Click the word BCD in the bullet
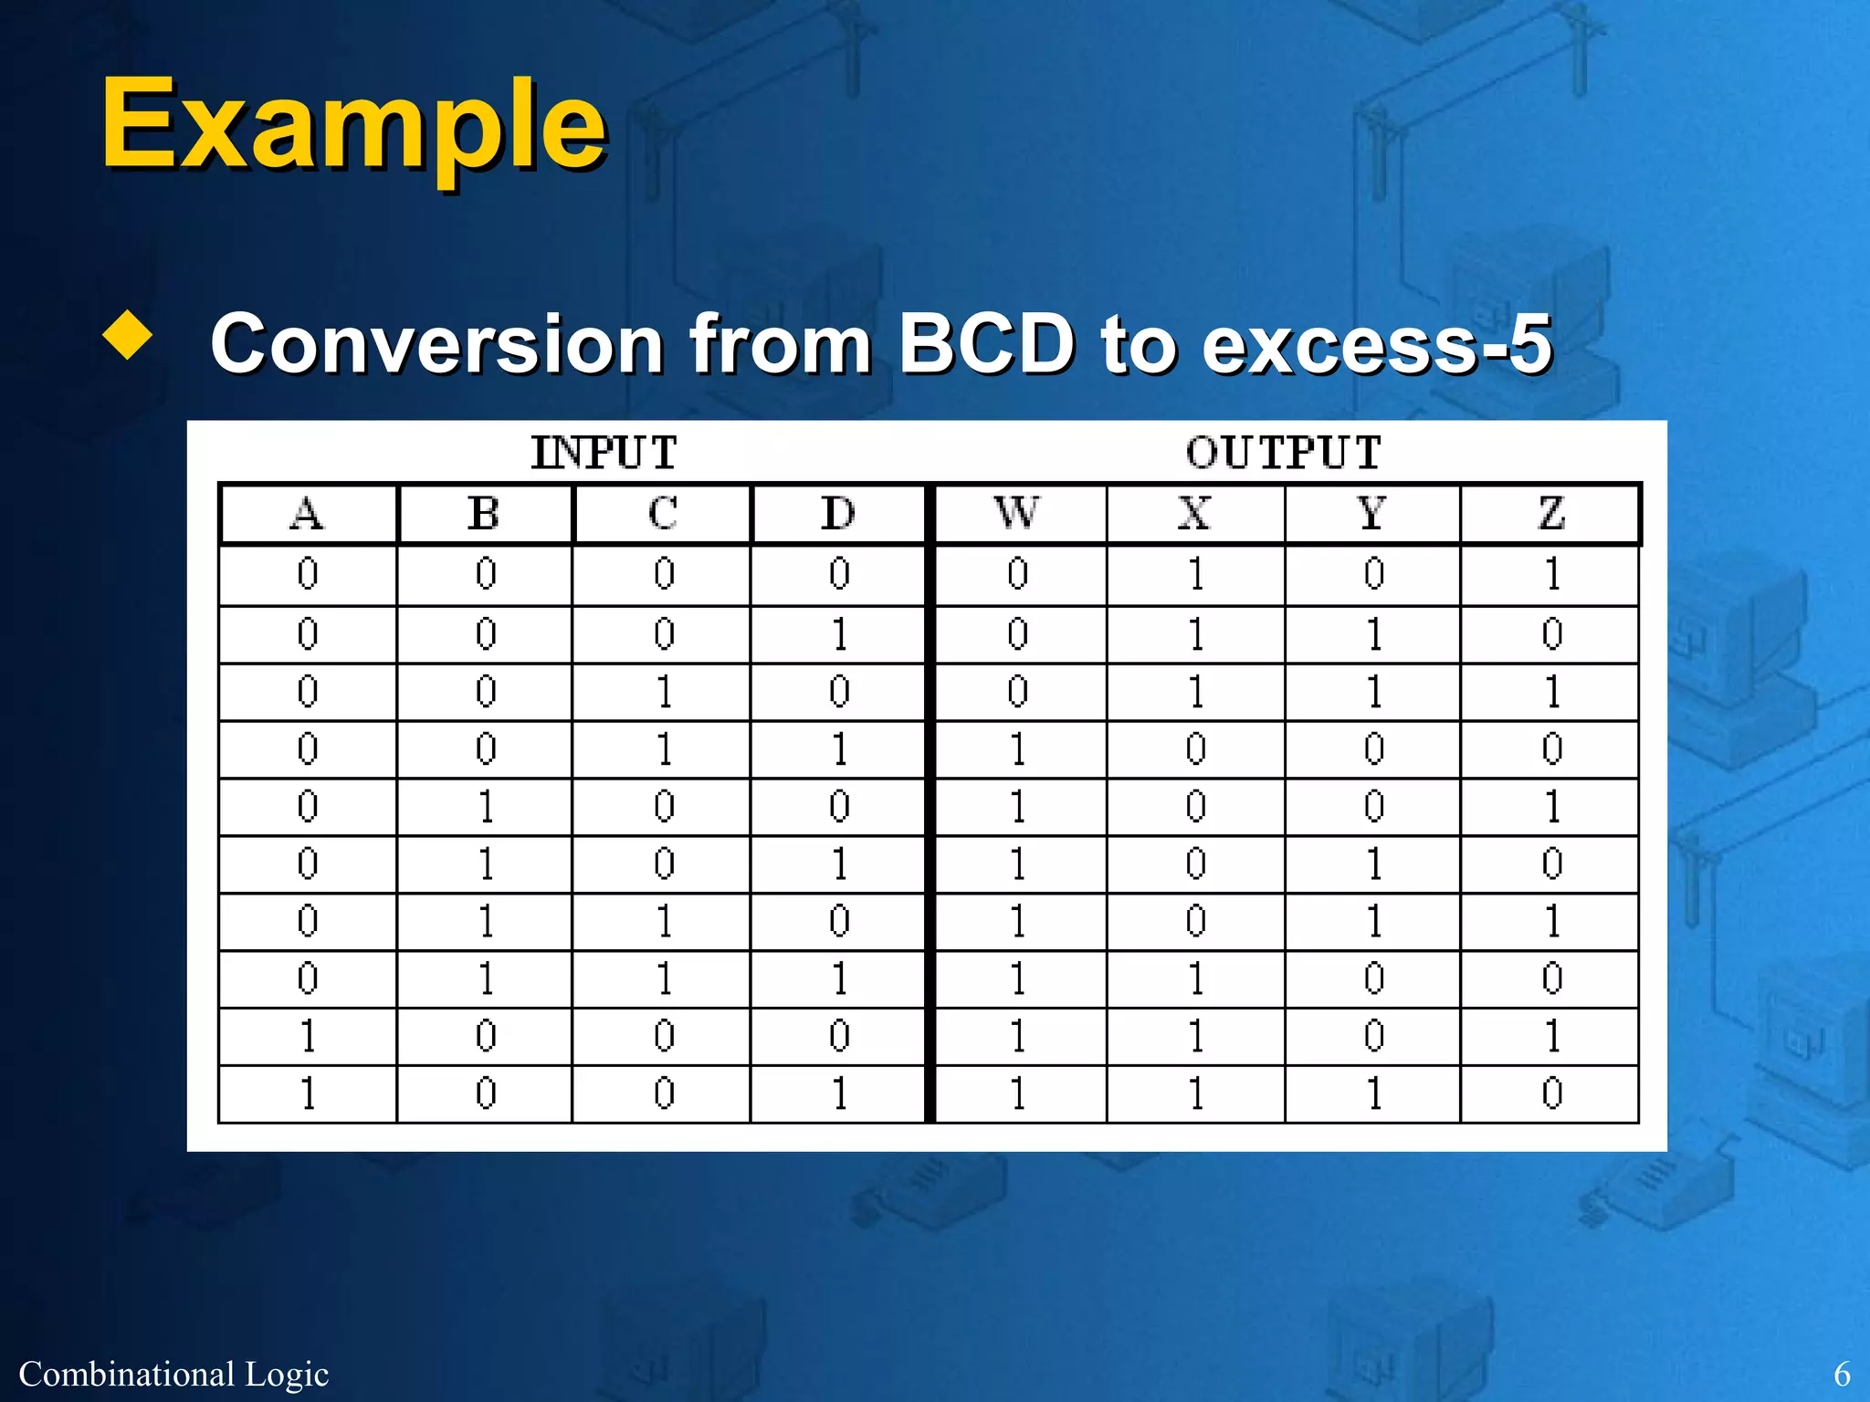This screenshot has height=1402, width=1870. point(986,343)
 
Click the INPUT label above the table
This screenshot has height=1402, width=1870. point(604,453)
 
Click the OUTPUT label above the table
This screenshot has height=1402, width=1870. point(1283,453)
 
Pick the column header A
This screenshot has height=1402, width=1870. point(307,514)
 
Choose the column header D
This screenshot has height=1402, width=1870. point(838,514)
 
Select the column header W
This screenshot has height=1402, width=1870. point(1017,514)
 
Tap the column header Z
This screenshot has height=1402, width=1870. point(1551,514)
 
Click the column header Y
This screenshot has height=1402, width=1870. point(1372,514)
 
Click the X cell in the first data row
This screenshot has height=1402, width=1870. point(1195,574)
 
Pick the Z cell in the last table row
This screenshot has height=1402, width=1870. point(1551,1093)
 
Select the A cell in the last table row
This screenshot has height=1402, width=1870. point(308,1093)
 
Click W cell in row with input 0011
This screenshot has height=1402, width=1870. point(1017,749)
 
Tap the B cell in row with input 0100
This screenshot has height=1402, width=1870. point(486,807)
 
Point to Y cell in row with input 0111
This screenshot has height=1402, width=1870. point(1373,978)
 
